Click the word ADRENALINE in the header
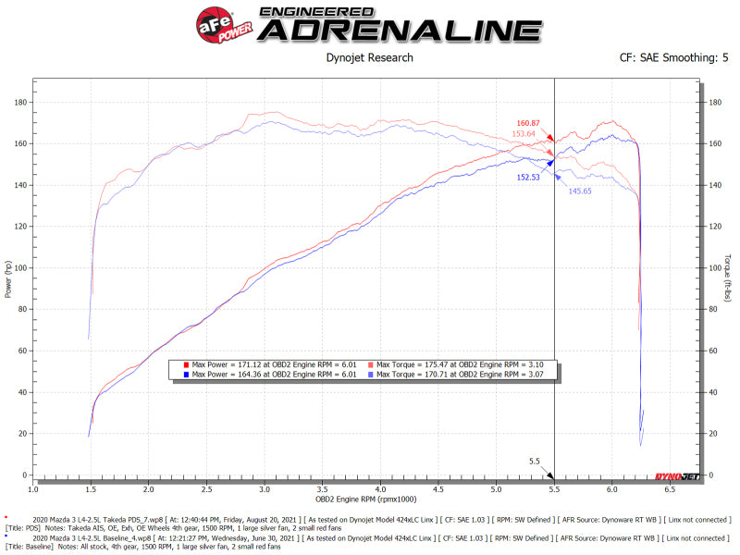click(399, 30)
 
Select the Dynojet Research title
click(369, 58)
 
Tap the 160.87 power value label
click(529, 123)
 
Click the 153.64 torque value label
click(524, 133)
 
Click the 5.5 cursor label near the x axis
click(535, 461)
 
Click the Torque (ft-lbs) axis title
click(728, 277)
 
